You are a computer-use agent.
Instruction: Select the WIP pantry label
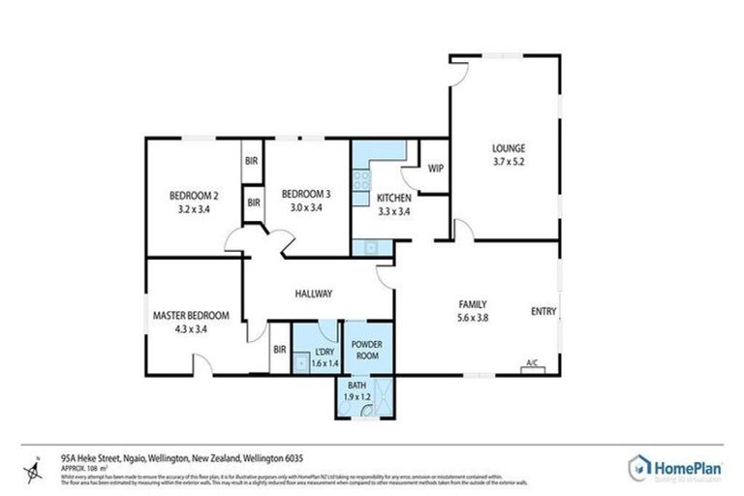click(435, 168)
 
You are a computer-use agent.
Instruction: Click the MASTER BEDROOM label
click(191, 315)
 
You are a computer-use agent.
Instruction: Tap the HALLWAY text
click(314, 294)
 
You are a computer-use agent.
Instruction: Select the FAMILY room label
click(472, 302)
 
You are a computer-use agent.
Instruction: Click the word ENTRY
click(543, 311)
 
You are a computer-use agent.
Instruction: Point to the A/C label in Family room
click(532, 363)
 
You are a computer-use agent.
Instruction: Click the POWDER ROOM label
click(367, 350)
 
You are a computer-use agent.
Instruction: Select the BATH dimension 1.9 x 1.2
click(359, 397)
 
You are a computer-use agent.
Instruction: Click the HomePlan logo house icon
click(640, 468)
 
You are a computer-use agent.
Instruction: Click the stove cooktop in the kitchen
click(360, 180)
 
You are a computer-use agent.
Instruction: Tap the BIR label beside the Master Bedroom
click(279, 350)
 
